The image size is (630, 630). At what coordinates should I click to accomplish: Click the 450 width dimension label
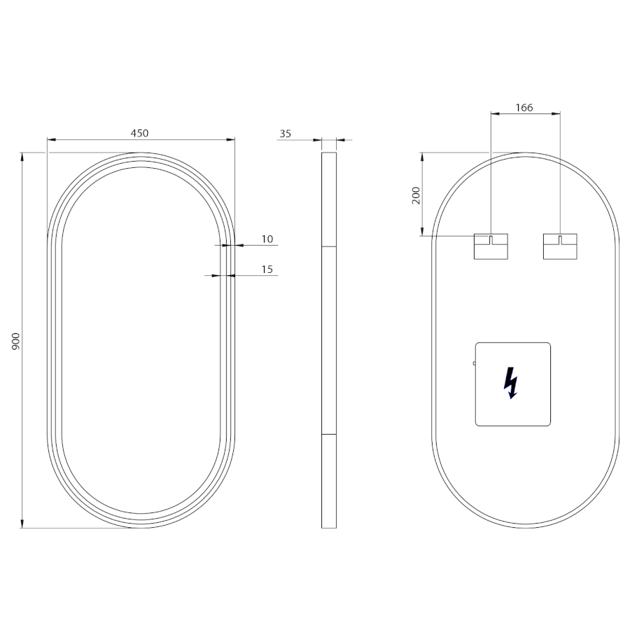click(x=139, y=133)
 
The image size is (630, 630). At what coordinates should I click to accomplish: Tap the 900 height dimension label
click(x=15, y=341)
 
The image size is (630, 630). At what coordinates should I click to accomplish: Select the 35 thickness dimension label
click(x=286, y=134)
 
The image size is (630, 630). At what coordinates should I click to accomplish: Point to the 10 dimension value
click(x=267, y=239)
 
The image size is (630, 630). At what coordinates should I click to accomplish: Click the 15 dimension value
click(x=267, y=269)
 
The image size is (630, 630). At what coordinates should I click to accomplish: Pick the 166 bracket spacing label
click(x=524, y=108)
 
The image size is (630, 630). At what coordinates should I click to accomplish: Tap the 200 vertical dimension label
click(x=416, y=195)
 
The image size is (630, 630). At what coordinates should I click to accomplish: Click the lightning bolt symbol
click(x=510, y=382)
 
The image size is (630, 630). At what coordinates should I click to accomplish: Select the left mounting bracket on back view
click(x=491, y=246)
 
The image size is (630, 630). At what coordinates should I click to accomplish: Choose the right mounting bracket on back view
click(x=560, y=246)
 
